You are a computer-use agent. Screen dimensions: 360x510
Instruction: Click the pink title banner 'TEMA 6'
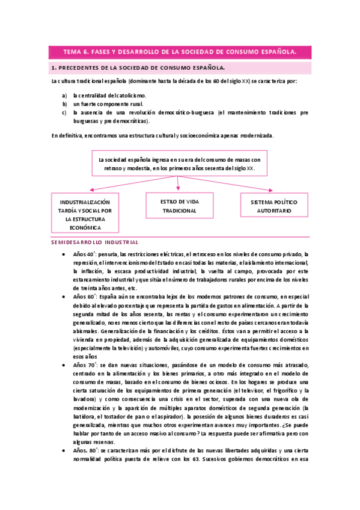180,52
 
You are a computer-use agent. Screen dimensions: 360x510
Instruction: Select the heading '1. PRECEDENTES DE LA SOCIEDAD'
138,68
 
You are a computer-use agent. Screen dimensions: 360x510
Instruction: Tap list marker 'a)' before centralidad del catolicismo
64,95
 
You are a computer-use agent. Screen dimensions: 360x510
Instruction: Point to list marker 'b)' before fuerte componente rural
64,103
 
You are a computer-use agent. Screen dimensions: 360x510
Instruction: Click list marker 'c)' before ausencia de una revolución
64,112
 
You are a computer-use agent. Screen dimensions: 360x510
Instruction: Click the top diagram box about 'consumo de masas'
179,164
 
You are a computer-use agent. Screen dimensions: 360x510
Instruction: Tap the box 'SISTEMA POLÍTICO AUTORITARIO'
274,207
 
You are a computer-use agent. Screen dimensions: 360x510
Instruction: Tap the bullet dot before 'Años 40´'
64,254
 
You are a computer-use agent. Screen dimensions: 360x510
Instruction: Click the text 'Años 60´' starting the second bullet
84,297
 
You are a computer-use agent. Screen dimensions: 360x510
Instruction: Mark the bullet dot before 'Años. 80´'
64,451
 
